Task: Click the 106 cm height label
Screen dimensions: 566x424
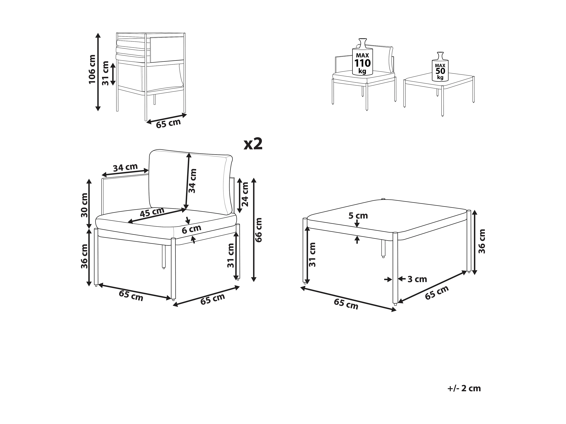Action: click(x=92, y=69)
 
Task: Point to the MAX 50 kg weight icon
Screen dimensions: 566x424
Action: click(x=440, y=67)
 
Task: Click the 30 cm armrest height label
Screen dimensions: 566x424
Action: click(x=84, y=205)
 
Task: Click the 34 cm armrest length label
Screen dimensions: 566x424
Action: click(x=125, y=167)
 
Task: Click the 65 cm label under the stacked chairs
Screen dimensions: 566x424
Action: click(x=168, y=124)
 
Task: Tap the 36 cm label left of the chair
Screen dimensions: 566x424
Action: click(x=84, y=256)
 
